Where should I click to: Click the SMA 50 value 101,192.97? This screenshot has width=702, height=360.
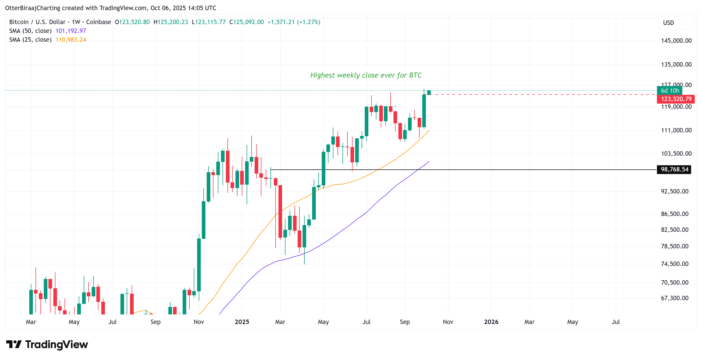point(70,31)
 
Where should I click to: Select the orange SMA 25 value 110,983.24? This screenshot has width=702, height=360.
point(70,40)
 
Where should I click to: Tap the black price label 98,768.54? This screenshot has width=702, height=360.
point(674,169)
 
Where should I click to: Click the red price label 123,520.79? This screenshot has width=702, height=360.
point(676,99)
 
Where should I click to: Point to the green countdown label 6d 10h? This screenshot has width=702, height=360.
point(670,90)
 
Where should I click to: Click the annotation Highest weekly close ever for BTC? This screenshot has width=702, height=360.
point(366,75)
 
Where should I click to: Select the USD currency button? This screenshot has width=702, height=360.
point(668,23)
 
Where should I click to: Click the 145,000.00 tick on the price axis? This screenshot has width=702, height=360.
point(676,41)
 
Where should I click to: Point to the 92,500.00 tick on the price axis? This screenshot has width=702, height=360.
point(675,191)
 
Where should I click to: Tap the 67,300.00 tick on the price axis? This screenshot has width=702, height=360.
point(675,298)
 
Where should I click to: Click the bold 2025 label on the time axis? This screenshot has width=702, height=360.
point(242,322)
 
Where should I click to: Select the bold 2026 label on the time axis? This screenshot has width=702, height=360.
point(491,322)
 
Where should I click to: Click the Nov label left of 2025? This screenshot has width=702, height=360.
point(199,322)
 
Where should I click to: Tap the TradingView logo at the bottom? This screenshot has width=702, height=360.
point(47,344)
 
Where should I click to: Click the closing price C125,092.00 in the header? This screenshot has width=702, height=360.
point(247,22)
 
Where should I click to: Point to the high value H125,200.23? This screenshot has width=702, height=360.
point(171,22)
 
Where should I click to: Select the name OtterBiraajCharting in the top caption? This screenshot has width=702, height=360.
point(33,8)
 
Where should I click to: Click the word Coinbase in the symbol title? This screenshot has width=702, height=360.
point(98,22)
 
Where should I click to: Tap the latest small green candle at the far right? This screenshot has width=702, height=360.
point(429,93)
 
